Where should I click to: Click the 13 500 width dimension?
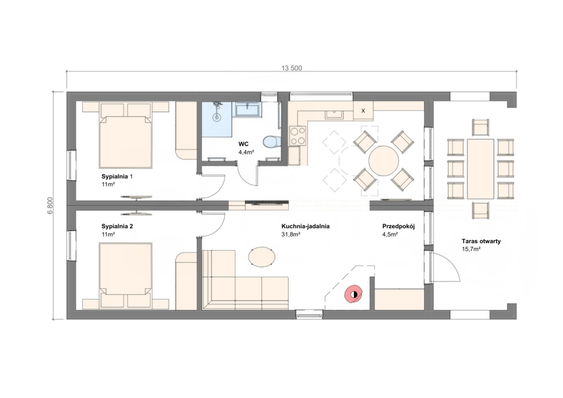coord(291,68)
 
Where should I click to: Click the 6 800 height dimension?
coord(50,206)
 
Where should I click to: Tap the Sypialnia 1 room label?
coord(117,176)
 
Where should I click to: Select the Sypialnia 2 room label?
coord(117,226)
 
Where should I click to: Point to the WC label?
coord(244,144)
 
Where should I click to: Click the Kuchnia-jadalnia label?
coord(306,226)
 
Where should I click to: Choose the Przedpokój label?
coord(399,226)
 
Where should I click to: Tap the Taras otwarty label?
coord(481,241)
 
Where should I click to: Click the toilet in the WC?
coord(272,142)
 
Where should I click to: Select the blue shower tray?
coord(217,119)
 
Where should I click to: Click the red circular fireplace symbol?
coord(354,294)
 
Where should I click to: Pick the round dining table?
coord(383,161)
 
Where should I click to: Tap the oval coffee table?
coord(262,257)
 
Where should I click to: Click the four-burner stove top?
coord(297,136)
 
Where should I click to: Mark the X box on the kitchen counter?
coord(363,110)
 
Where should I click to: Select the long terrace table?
coord(481,169)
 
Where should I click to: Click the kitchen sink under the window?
coord(334,114)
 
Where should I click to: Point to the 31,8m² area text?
coord(291,235)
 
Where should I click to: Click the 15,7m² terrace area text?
coord(471,249)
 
